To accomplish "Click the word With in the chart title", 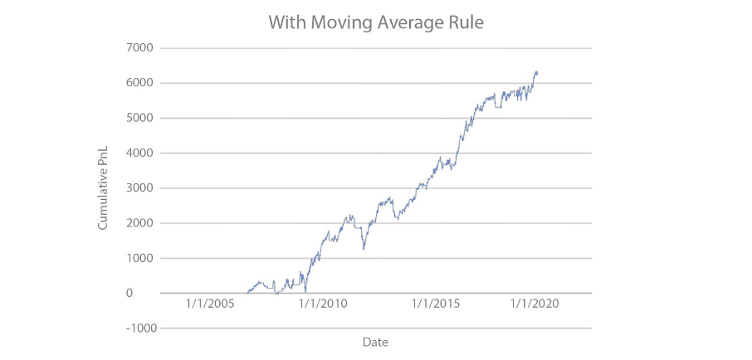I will [286, 23].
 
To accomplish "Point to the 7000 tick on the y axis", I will [139, 48].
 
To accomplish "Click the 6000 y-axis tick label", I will [139, 83].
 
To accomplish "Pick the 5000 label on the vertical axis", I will [139, 118].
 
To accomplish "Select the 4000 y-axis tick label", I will [139, 153].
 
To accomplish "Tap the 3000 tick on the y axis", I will [139, 188].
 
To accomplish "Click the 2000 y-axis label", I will [139, 223].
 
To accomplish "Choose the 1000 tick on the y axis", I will [139, 258].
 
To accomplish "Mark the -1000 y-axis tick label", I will [138, 328].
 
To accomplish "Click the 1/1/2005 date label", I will [211, 304].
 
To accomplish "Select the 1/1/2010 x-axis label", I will [323, 304].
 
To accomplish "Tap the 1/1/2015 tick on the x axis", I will [436, 304].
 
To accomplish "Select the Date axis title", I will [375, 342].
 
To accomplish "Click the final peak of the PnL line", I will [536, 72].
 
